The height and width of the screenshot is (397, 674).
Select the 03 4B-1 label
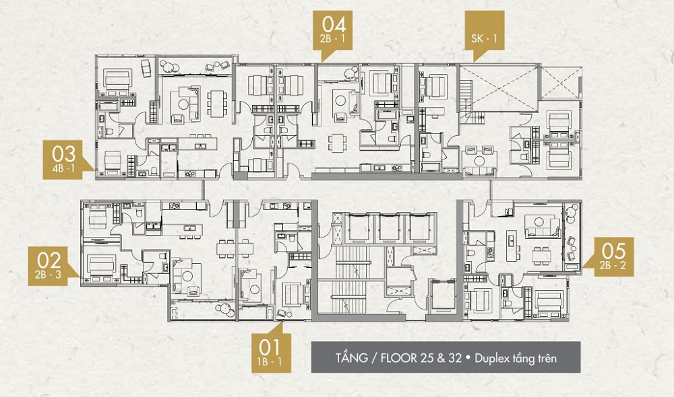63,159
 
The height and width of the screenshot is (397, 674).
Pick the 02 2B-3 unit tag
48,266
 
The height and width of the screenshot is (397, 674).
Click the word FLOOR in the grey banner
399,358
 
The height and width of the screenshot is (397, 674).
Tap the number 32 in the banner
454,358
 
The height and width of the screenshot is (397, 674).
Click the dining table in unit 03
216,104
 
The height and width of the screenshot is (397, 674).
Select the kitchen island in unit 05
511,245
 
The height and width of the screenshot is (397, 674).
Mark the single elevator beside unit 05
442,295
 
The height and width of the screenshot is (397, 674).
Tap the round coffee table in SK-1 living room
479,161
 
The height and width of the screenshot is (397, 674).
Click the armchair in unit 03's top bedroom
146,68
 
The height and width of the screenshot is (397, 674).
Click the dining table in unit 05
541,256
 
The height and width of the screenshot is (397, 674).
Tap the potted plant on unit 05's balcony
572,211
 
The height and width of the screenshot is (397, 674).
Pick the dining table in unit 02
235,248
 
